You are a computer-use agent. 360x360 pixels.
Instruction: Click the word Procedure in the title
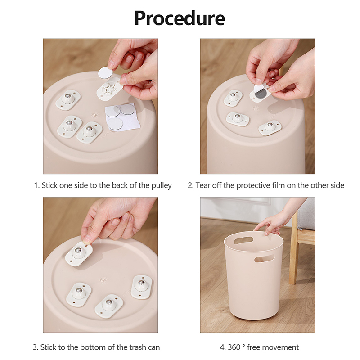[180, 18]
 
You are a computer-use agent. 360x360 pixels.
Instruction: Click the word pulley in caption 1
[162, 185]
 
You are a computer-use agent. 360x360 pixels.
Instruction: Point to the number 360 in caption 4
[234, 347]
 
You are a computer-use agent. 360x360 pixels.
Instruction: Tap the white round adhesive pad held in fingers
[106, 72]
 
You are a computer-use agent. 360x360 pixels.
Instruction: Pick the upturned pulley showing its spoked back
[109, 88]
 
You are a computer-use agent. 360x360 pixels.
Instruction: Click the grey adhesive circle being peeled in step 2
[260, 93]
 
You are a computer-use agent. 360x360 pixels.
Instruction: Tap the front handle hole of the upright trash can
[264, 258]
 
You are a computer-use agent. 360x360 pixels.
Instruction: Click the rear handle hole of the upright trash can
[243, 240]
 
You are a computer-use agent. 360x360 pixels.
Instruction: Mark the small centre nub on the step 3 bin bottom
[103, 280]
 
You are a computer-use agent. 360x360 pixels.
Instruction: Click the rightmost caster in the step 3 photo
[141, 286]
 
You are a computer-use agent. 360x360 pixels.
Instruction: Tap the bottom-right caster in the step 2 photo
[270, 128]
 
